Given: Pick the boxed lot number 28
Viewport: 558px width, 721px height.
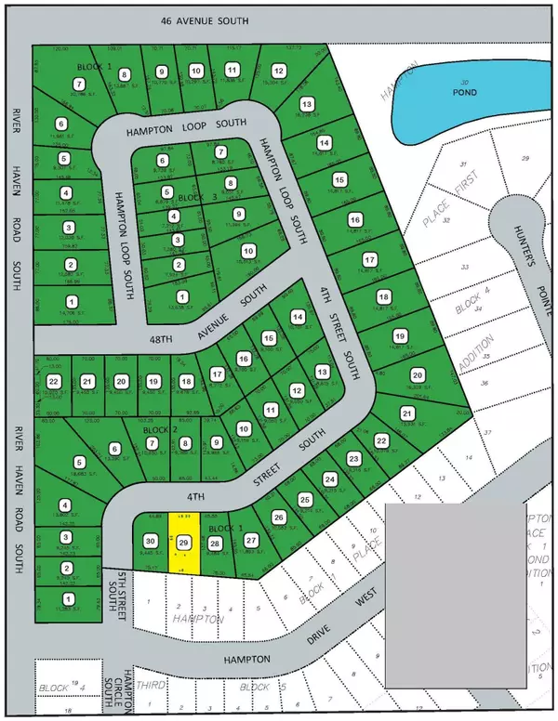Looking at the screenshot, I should (x=215, y=544).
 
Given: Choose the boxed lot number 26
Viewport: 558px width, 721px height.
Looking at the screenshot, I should (x=277, y=518).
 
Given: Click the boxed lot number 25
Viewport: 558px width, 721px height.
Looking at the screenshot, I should (x=304, y=500).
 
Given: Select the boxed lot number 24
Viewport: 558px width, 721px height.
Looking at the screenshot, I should (x=329, y=479).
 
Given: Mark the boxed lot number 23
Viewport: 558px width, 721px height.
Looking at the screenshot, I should (x=353, y=459).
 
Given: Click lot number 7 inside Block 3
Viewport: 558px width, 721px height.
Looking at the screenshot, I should (x=220, y=152).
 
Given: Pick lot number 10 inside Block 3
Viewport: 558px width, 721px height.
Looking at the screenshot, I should (x=247, y=251).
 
